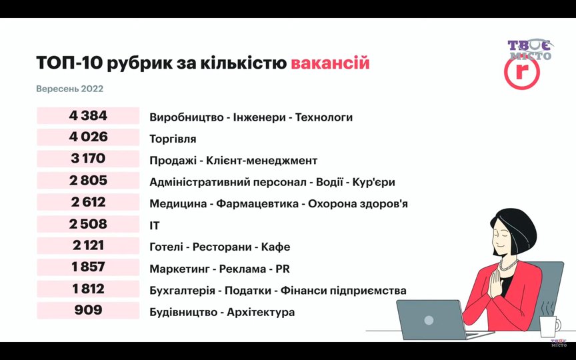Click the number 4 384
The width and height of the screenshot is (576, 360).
88,116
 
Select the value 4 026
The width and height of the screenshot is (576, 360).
88,137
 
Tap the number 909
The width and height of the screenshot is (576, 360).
88,310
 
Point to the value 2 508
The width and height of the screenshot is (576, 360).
88,224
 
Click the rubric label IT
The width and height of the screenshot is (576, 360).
155,225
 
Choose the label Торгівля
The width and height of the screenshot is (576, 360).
173,139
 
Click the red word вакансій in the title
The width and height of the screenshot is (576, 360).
330,63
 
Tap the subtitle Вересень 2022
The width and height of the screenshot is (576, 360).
70,89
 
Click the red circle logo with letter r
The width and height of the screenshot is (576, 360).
521,73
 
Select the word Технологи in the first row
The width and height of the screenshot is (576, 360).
324,117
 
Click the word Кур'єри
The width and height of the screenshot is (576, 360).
373,182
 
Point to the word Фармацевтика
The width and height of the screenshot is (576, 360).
257,204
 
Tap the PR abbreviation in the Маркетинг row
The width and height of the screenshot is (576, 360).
283,269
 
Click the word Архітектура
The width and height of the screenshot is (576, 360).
261,312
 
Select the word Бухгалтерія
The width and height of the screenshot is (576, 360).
182,291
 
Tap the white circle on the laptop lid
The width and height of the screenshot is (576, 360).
429,320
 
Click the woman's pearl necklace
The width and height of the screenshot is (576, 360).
509,265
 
